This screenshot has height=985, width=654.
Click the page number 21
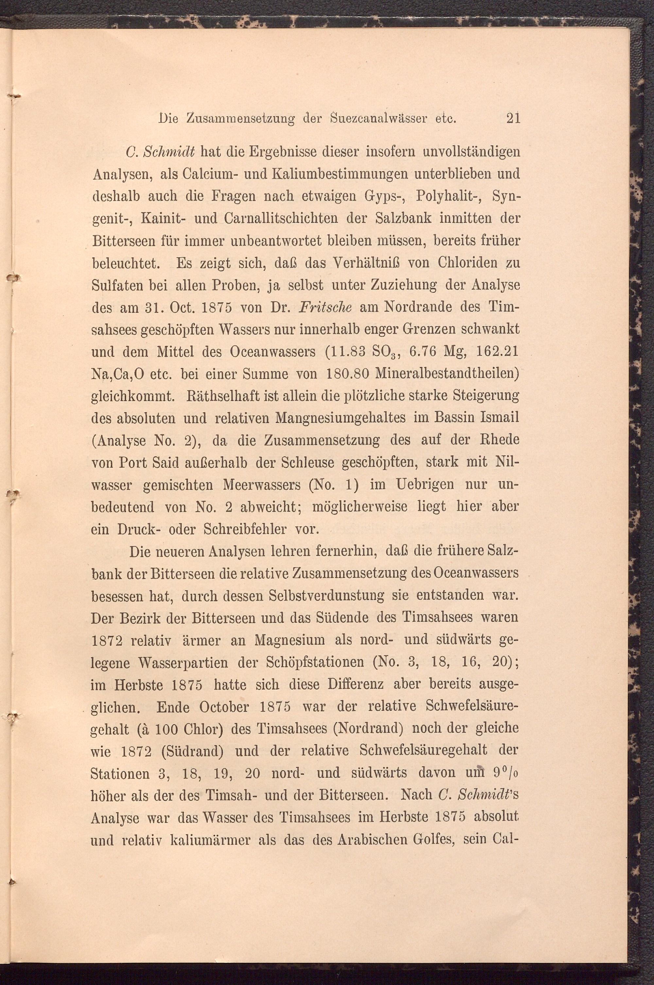click(513, 119)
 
